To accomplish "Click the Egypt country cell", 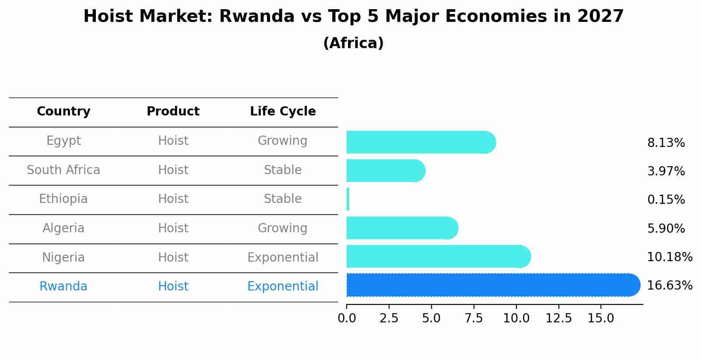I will point(63,141).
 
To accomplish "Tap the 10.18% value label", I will point(669,257).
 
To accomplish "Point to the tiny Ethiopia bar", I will point(348,199).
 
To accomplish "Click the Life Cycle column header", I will point(283,112).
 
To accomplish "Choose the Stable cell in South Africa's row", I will point(283,170).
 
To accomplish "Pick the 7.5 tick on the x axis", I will point(474,318).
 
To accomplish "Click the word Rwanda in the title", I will point(256,17).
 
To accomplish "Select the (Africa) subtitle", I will point(353,43).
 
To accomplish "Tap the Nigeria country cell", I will point(63,258).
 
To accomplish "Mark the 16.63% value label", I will point(669,286).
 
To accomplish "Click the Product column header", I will point(173,112).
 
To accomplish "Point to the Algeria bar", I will point(402,228).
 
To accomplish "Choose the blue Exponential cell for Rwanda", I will point(283,287).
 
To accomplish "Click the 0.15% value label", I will point(666,200).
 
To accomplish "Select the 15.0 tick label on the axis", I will point(600,318).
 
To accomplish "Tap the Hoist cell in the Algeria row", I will point(173,228).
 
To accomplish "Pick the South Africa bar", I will point(385,171).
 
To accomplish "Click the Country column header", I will point(63,112).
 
